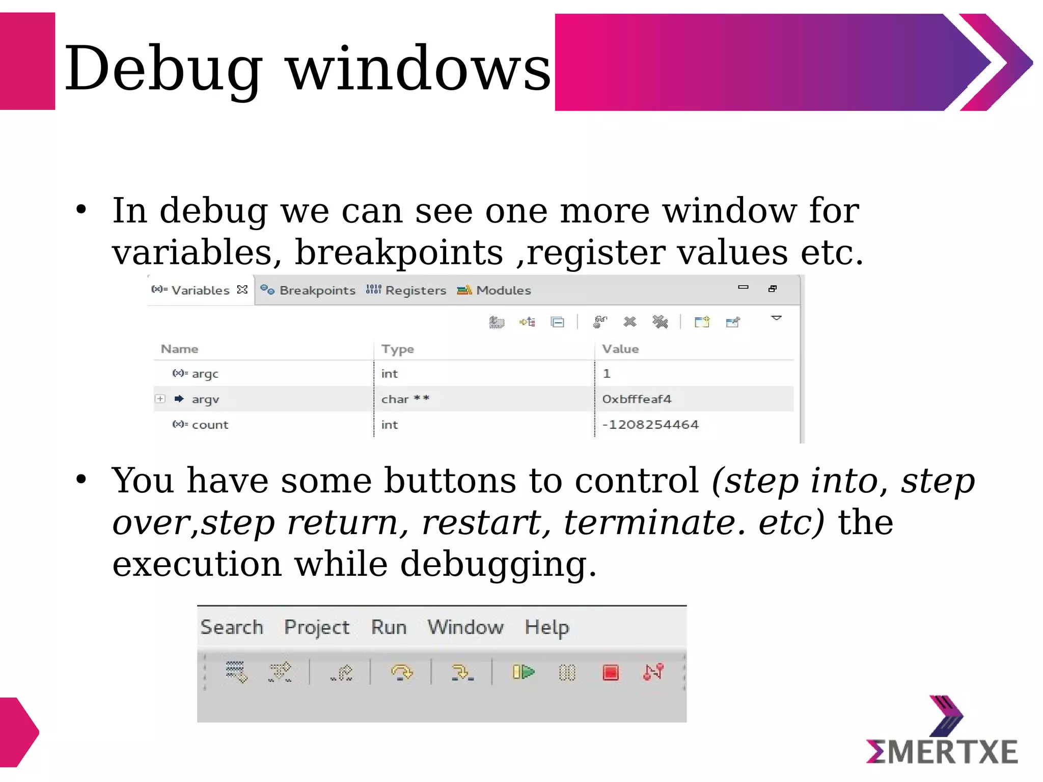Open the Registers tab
[415, 290]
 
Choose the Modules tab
[503, 290]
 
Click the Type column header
[397, 349]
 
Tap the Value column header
[620, 349]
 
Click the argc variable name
[205, 374]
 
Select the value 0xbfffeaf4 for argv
[636, 399]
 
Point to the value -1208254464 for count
[650, 425]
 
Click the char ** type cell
[405, 399]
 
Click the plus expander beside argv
[160, 399]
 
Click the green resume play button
[524, 673]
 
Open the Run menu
[389, 627]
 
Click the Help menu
[546, 627]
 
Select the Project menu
[317, 627]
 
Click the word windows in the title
[419, 69]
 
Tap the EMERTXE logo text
[942, 752]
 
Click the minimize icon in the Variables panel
[743, 288]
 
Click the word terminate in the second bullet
[649, 523]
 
